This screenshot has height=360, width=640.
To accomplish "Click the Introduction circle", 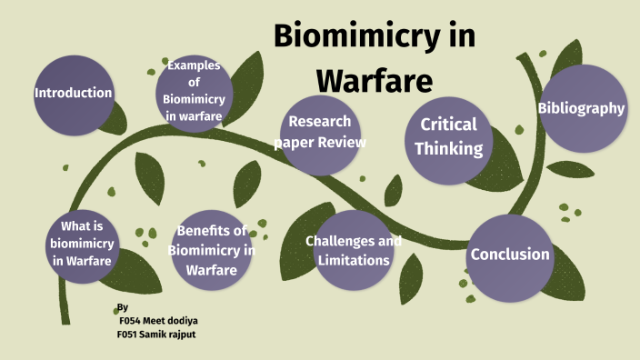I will coord(73,93).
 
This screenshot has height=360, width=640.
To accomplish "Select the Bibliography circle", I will coord(582,108).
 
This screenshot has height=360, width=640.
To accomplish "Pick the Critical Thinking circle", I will coord(449,136).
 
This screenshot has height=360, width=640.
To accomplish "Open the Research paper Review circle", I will coord(321,132).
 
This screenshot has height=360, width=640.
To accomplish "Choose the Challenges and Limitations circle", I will coord(353,251).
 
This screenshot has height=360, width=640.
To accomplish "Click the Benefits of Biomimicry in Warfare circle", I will coord(211,249).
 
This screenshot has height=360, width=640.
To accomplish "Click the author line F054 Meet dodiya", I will coord(158,320).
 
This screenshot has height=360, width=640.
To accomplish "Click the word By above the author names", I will coord(123,307).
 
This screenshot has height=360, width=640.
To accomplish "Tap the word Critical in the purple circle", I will coord(448,125).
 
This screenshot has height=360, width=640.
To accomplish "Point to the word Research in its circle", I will coord(320,122).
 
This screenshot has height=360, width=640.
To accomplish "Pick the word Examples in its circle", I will coord(194,65).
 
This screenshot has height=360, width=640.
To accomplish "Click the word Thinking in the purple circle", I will coord(448,147).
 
